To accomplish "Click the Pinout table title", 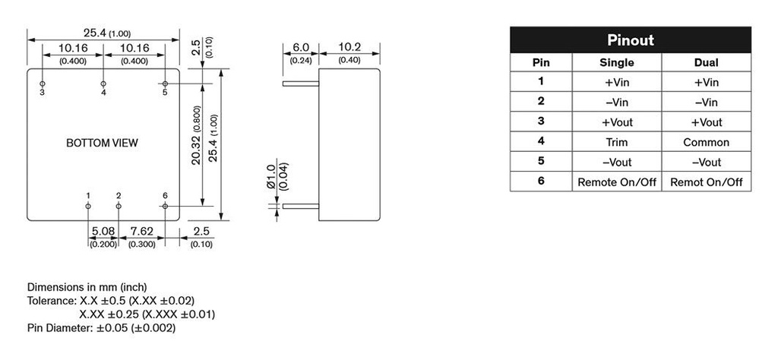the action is (x=630, y=40).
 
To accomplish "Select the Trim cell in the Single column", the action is (x=617, y=142).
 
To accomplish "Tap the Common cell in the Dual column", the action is (x=706, y=142).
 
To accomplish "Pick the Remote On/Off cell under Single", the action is (x=617, y=182).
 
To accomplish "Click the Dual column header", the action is (x=706, y=63).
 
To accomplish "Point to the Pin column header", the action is (x=541, y=63).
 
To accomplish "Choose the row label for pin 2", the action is (x=541, y=101).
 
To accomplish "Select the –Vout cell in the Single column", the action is (x=617, y=162).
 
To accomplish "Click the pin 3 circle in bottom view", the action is (x=43, y=84).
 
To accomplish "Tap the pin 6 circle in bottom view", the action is (x=165, y=206).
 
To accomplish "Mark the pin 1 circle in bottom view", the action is (x=88, y=206).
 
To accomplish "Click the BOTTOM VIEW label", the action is (x=103, y=143).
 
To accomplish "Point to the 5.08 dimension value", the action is (x=103, y=232).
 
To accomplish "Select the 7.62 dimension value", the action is (x=142, y=232).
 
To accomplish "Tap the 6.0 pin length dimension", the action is (x=301, y=48).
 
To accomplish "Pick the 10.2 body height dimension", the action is (x=349, y=48).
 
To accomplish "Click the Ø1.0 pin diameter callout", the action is (x=272, y=176).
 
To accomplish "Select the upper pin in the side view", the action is (x=301, y=84).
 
